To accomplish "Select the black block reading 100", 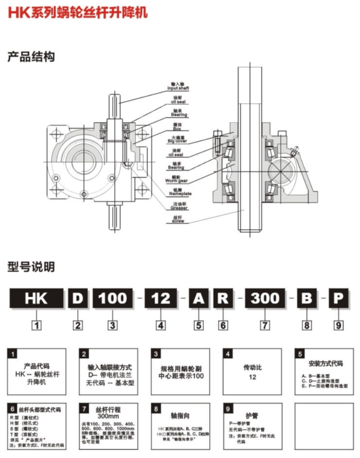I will [x=112, y=298].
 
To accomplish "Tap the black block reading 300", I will [x=265, y=298].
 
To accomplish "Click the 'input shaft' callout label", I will [x=178, y=87].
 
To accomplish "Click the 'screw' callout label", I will [x=178, y=220].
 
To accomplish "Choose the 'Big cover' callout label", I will [x=177, y=141].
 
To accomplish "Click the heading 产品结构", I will [x=31, y=57].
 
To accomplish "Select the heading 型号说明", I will [x=31, y=267].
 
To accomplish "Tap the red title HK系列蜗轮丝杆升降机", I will [x=78, y=13].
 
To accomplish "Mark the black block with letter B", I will [x=306, y=298].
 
